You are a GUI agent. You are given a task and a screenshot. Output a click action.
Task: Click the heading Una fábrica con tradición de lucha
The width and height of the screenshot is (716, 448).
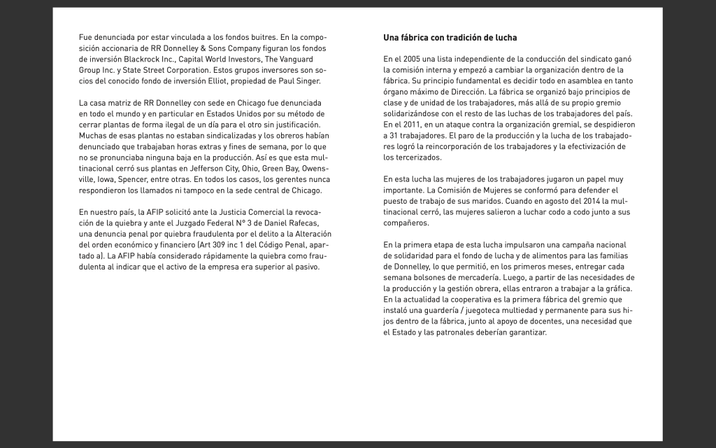click(x=450, y=37)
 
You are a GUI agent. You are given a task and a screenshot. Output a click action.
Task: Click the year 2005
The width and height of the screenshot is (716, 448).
click(x=413, y=59)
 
